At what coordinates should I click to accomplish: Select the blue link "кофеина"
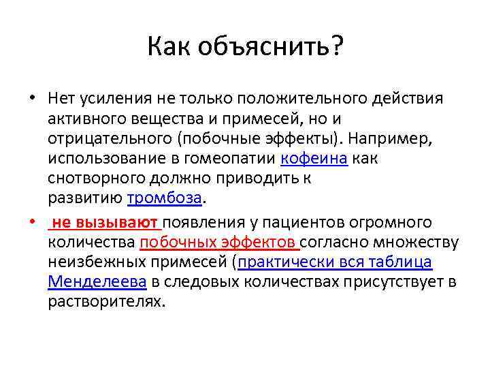[x=314, y=159]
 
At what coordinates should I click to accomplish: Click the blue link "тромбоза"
[x=165, y=198]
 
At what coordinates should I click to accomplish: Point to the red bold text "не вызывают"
[x=105, y=222]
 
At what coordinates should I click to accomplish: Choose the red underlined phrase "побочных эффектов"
[x=218, y=242]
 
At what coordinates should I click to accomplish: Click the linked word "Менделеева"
[x=92, y=281]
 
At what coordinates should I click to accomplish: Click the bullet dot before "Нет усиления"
[x=32, y=100]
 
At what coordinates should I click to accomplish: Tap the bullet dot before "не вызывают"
[x=32, y=223]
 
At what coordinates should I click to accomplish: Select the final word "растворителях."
[x=107, y=301]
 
